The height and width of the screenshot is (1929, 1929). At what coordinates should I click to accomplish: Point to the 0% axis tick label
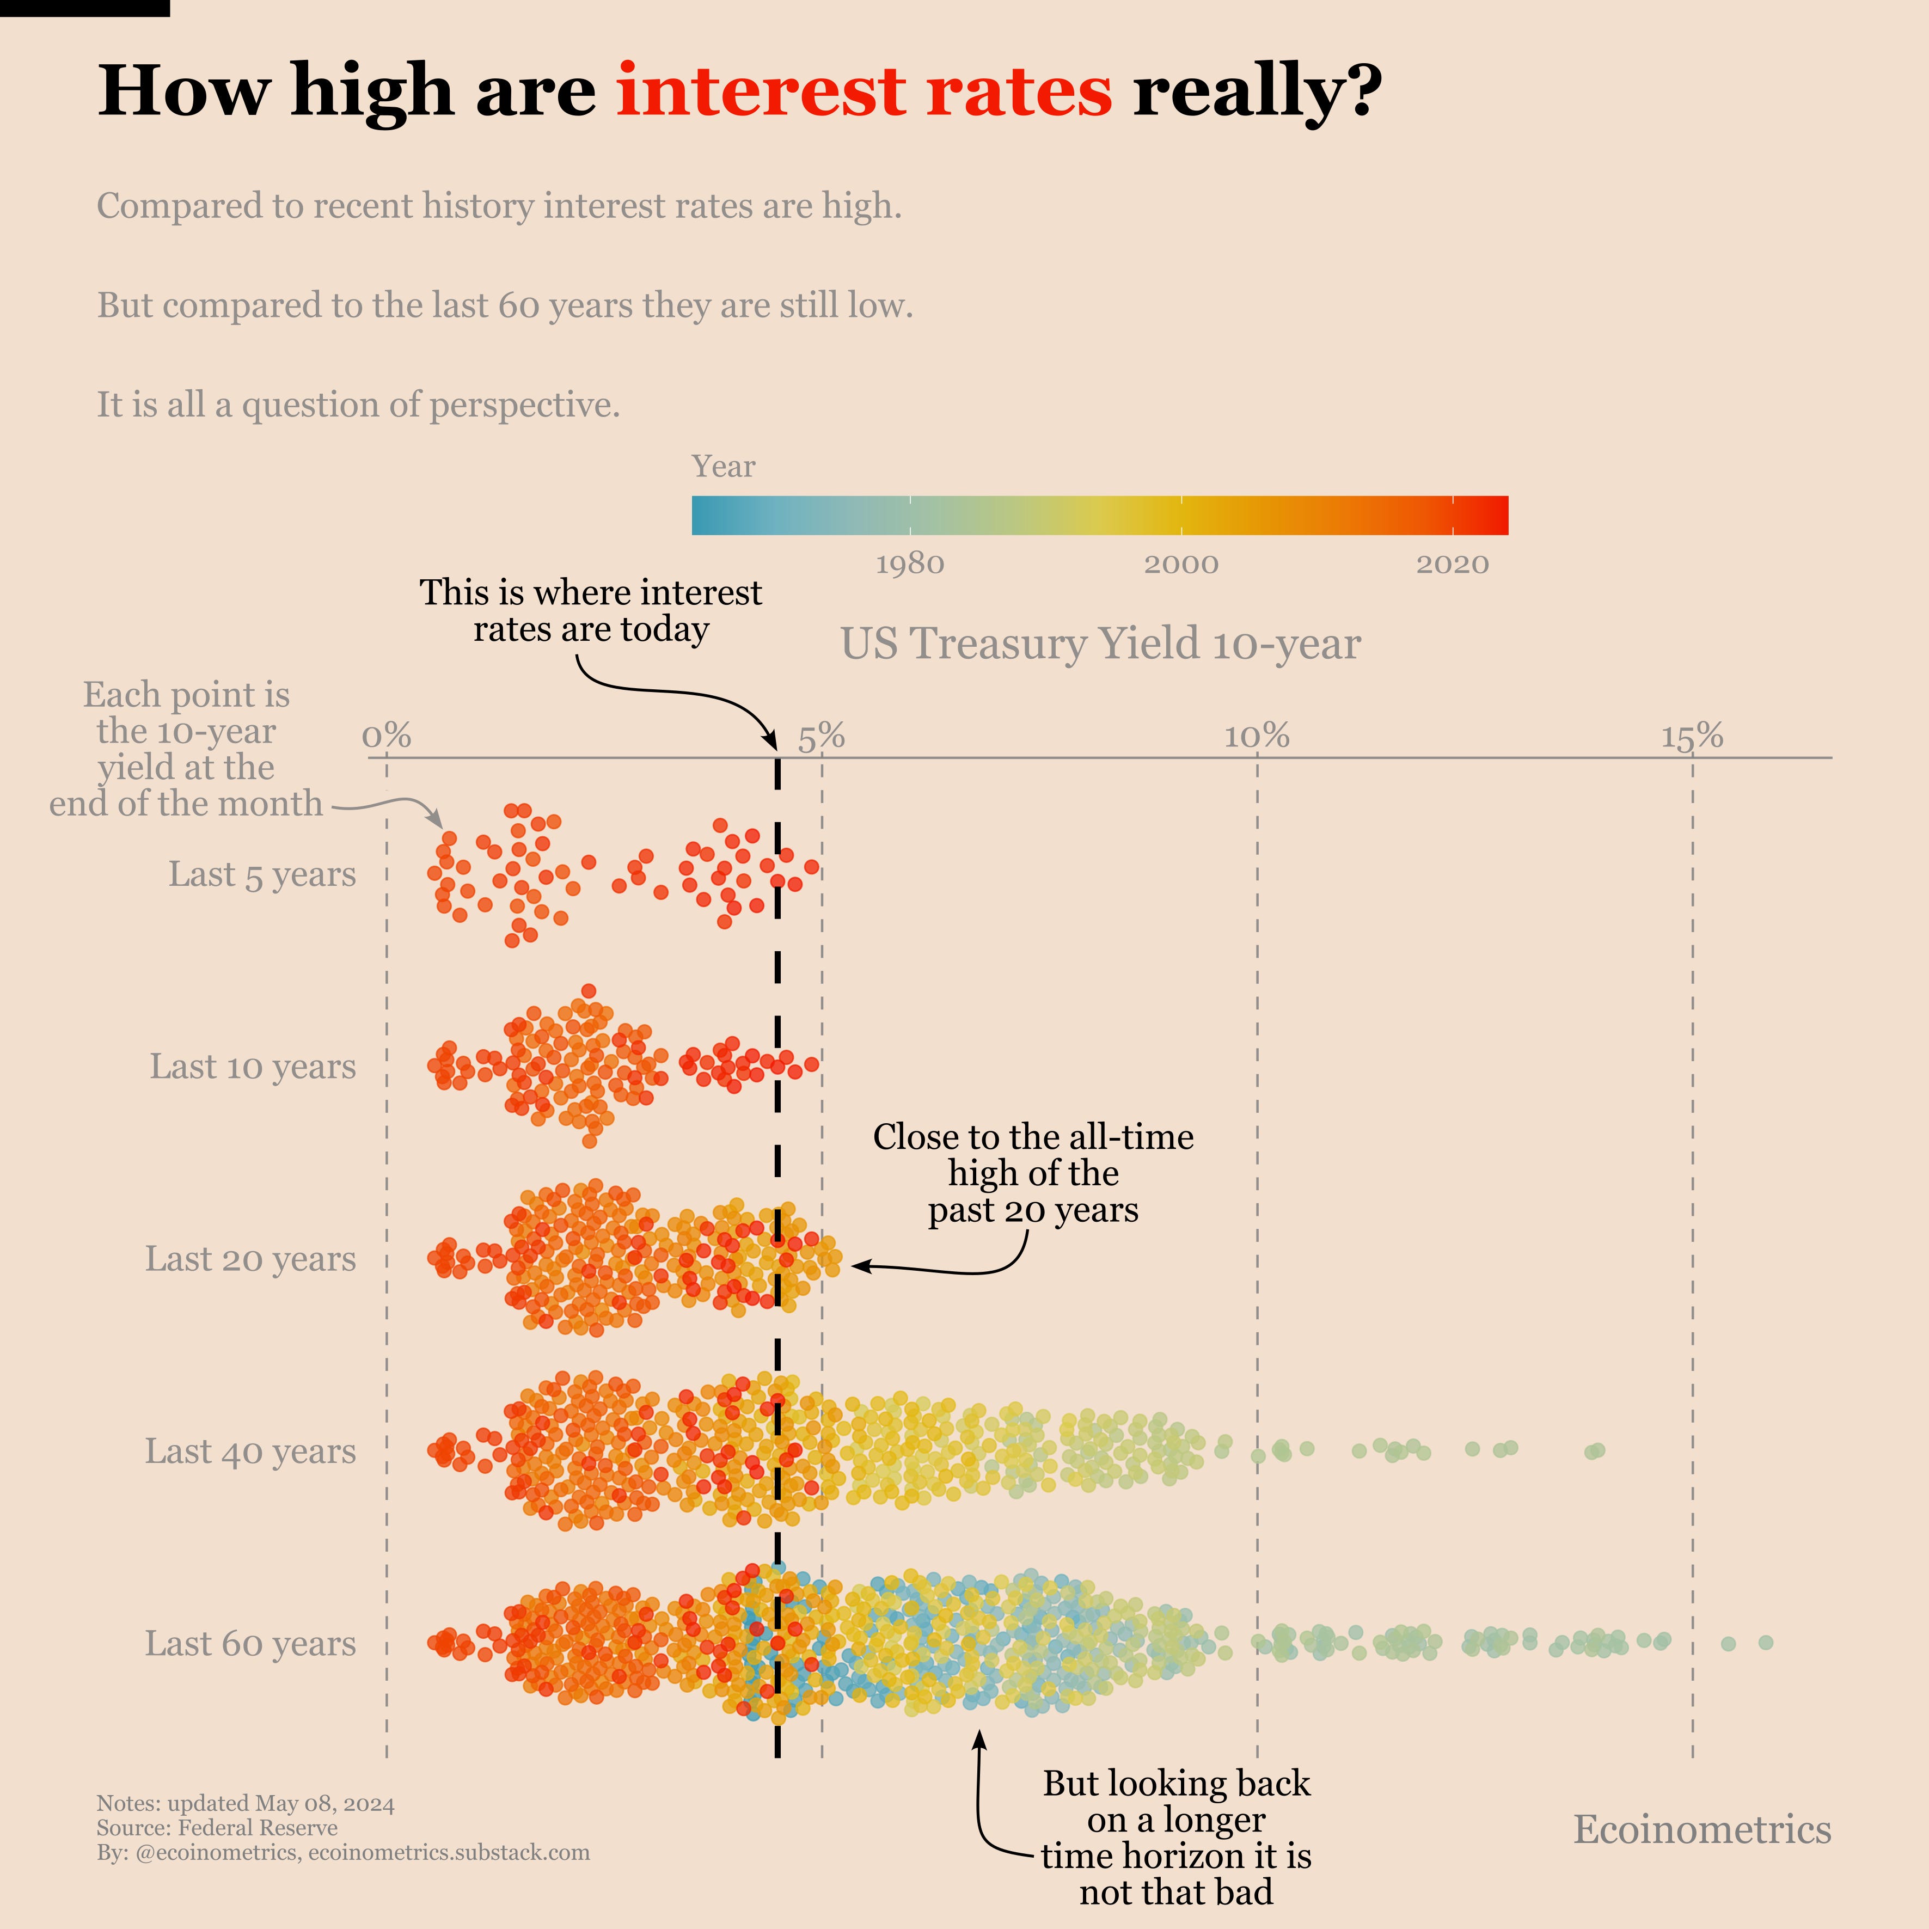387,737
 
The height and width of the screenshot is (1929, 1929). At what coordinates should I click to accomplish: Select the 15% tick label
1692,737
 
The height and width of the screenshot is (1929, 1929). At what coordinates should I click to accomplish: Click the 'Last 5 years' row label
261,874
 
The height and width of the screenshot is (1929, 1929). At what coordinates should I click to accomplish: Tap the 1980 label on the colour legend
910,564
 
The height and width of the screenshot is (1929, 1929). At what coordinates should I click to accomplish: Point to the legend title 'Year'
723,466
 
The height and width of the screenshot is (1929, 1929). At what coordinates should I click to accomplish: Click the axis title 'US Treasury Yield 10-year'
1100,644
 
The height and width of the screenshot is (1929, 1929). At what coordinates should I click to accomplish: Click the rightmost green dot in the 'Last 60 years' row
1765,1643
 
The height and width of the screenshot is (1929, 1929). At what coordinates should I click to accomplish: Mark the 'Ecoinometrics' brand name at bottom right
1703,1829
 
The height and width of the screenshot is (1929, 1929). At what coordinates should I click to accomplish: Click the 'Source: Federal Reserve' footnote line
217,1827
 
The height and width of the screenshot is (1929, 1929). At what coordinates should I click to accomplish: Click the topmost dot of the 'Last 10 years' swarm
589,990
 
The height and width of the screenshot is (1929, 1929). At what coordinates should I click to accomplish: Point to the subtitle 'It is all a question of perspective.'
358,406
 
